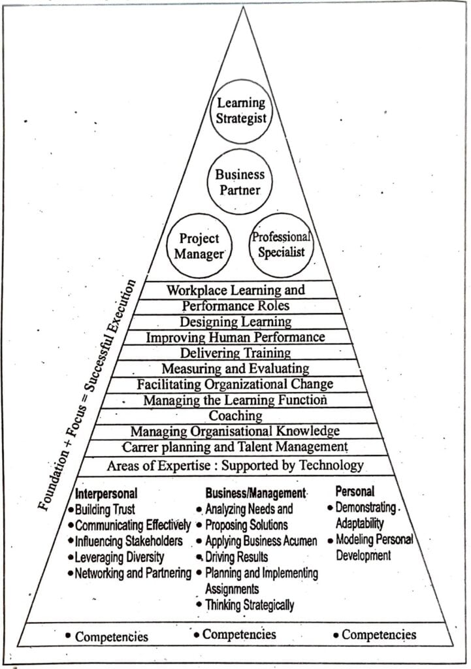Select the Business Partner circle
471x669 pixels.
click(x=240, y=182)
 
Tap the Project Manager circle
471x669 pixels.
click(x=199, y=246)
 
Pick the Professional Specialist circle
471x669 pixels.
click(x=281, y=244)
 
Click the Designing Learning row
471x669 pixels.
click(x=236, y=321)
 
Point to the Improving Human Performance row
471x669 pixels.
click(x=235, y=337)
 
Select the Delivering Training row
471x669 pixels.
click(x=236, y=353)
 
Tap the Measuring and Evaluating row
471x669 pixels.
click(x=235, y=368)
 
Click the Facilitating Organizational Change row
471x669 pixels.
click(x=235, y=384)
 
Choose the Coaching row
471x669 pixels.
click(x=235, y=416)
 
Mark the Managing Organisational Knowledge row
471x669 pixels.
click(x=235, y=431)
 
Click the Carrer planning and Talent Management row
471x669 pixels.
click(x=235, y=447)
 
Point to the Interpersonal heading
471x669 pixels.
click(x=106, y=493)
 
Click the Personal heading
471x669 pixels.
click(x=355, y=491)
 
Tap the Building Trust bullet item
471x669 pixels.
click(x=105, y=510)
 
